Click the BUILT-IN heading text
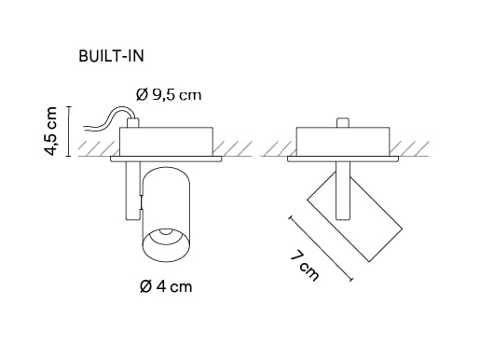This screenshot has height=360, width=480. tap(116, 55)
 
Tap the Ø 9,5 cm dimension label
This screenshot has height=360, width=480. tap(168, 93)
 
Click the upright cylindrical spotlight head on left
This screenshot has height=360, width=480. tap(165, 212)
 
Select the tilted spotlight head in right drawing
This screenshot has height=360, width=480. tap(355, 216)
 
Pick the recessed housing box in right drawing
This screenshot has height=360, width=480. tap(343, 143)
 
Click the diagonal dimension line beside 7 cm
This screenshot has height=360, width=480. tap(322, 247)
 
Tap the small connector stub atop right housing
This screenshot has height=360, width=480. tap(343, 122)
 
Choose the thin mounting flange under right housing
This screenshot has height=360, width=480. tap(343, 160)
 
